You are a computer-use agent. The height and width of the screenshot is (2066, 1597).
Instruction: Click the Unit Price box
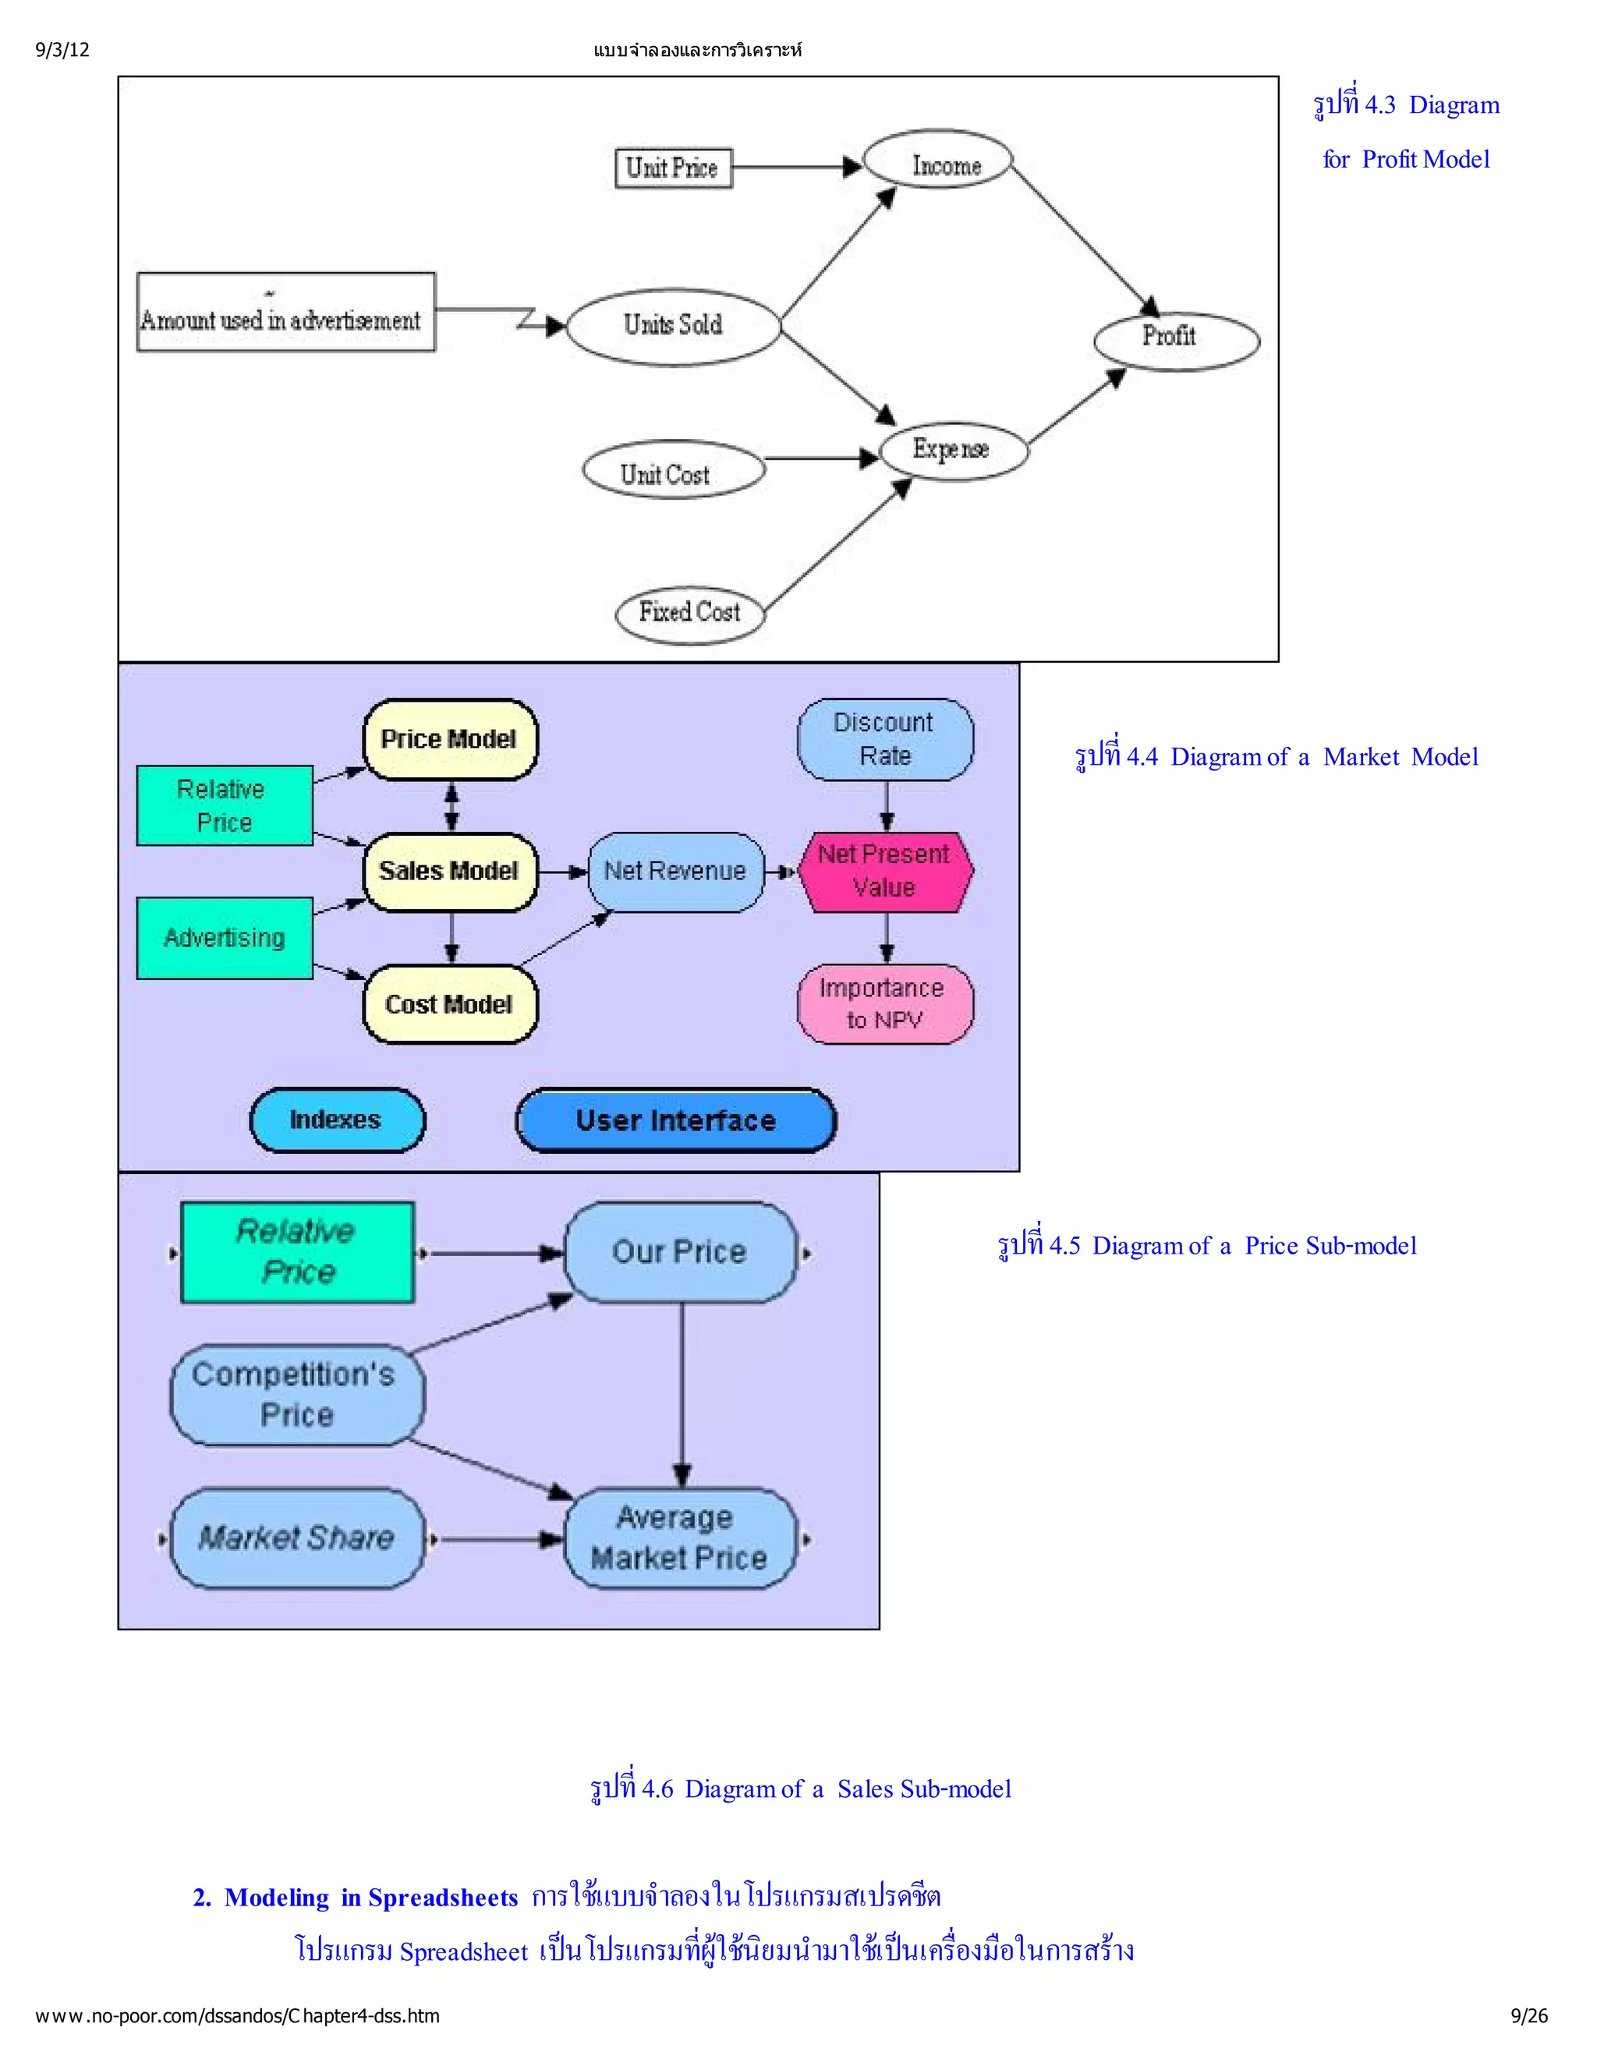coord(673,168)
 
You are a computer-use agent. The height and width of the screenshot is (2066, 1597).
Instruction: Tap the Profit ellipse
coord(1176,341)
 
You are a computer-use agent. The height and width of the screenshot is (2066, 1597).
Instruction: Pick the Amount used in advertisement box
coord(285,313)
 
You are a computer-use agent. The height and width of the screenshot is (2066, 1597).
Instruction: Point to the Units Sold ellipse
coord(673,327)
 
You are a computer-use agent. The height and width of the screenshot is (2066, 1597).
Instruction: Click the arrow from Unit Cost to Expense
coord(821,460)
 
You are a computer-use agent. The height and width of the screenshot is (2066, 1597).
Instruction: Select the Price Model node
coord(449,740)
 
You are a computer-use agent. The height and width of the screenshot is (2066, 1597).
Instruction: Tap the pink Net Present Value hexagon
coord(884,872)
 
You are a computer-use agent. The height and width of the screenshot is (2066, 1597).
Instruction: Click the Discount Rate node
coord(884,740)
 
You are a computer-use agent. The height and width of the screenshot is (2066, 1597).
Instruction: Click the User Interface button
coord(675,1121)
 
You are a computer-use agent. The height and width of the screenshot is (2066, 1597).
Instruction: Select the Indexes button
coord(337,1120)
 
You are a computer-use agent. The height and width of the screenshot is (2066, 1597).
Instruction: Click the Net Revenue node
coord(675,872)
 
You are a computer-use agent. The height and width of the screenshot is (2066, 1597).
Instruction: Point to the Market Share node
coord(296,1539)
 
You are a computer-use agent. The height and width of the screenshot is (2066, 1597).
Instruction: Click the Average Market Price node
coord(679,1539)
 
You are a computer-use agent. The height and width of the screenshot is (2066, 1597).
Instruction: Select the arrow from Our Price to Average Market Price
coord(682,1391)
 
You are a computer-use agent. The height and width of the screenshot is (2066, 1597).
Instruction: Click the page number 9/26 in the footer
coord(1529,2016)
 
